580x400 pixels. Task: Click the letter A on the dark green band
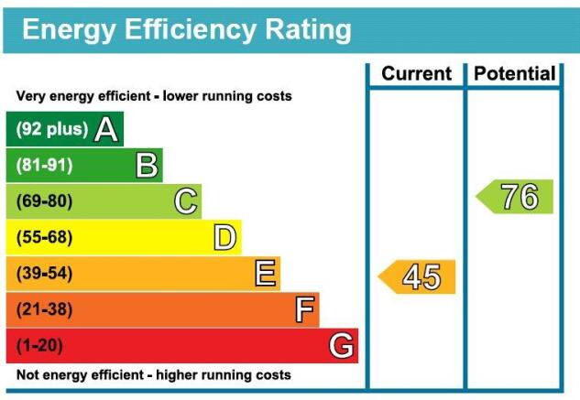point(106,130)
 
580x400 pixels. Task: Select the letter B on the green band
point(147,166)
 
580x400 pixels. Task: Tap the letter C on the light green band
point(186,201)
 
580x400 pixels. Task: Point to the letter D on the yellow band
point(225,238)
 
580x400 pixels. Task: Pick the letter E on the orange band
point(266,274)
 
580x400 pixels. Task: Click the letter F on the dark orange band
point(305,310)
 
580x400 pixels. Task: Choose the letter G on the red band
point(342,346)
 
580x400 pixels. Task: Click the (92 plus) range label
point(51,130)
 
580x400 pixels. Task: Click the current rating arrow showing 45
point(418,276)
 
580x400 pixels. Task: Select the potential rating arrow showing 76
point(516,197)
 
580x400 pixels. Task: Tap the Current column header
point(417,74)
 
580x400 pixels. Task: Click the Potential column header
point(515,74)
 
